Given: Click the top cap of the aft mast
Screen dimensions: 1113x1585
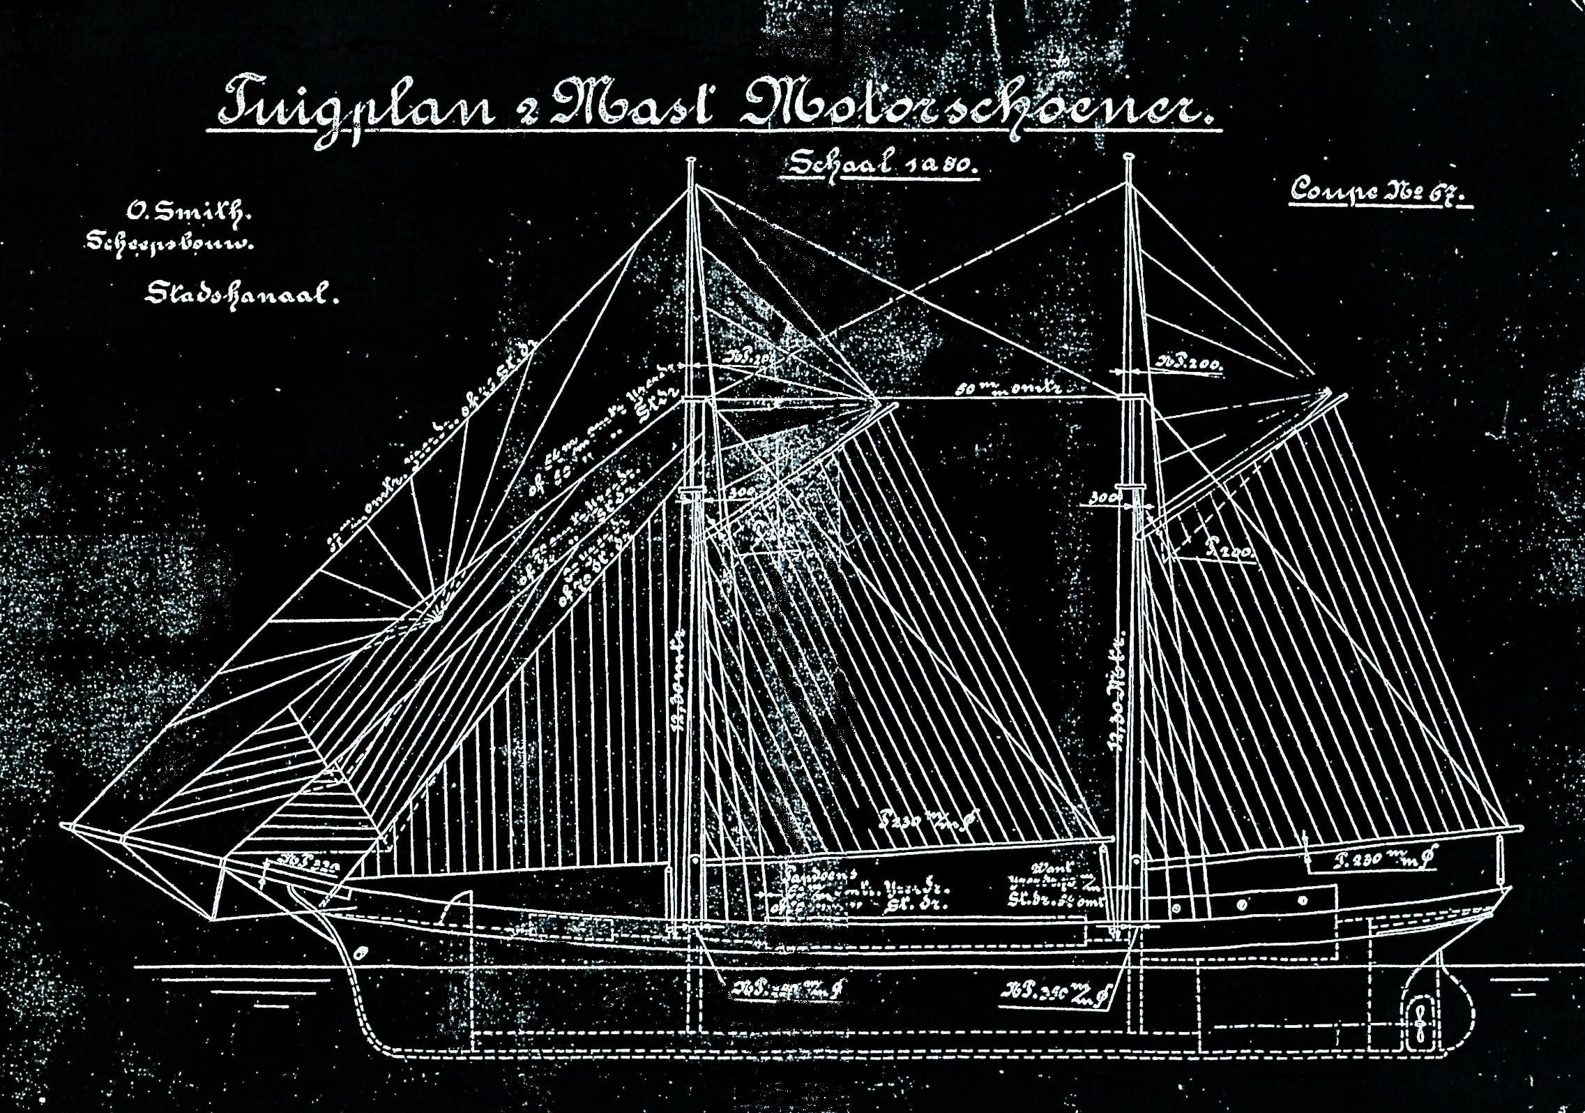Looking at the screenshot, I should [x=1128, y=160].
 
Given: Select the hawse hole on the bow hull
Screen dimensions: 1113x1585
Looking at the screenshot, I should [x=360, y=953].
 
